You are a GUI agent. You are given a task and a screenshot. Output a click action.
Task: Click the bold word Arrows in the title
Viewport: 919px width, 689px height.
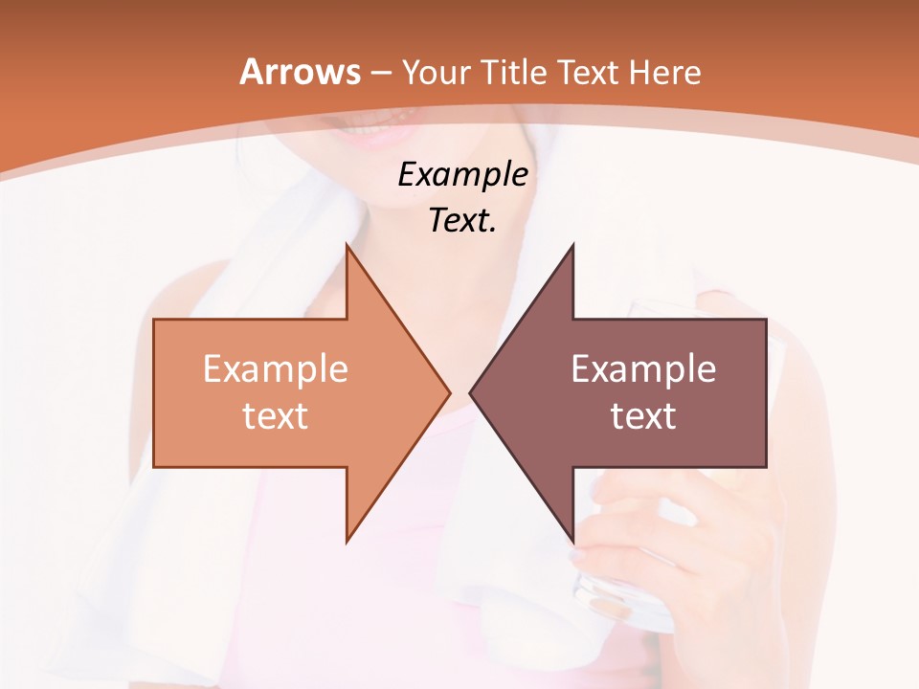click(x=300, y=73)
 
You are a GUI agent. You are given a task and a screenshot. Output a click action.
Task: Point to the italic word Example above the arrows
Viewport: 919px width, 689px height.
click(x=462, y=175)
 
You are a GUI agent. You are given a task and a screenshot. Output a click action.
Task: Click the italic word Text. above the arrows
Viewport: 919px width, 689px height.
click(x=462, y=221)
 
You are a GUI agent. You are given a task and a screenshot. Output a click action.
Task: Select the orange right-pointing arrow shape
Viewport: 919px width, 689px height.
click(x=287, y=421)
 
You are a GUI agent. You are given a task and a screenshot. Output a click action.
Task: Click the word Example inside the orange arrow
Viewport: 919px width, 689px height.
click(x=276, y=369)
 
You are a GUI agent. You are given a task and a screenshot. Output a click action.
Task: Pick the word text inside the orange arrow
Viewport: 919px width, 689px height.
click(x=276, y=416)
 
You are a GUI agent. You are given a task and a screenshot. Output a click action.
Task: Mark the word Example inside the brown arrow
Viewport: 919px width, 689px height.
click(x=643, y=369)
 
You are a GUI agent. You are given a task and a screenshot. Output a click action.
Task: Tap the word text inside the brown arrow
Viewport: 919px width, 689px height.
click(x=643, y=416)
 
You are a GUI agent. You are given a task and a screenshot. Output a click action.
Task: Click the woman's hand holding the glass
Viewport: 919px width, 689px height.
click(x=661, y=536)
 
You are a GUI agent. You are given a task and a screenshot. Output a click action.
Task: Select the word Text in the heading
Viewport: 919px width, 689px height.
click(x=591, y=73)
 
